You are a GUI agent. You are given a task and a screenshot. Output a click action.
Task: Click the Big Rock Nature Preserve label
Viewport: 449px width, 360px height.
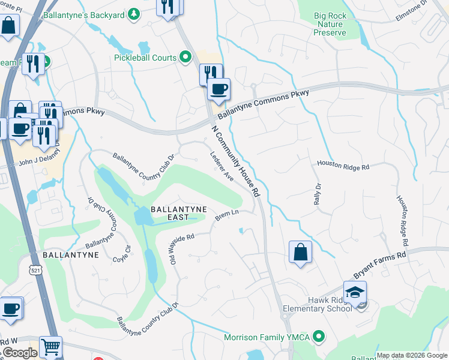tap(330, 24)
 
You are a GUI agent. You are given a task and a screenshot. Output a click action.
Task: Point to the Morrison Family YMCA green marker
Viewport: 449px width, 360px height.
tap(319, 337)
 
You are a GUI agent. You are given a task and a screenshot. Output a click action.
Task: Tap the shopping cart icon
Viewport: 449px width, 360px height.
tap(50, 347)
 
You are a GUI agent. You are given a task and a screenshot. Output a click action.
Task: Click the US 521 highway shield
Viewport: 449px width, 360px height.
tap(33, 271)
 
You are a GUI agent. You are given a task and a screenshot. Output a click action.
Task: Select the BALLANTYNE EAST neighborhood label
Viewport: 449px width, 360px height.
tap(178, 214)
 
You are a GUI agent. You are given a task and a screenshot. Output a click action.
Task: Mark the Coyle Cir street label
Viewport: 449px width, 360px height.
tap(122, 254)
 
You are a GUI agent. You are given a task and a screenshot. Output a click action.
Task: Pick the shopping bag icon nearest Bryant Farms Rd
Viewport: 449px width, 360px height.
tap(300, 252)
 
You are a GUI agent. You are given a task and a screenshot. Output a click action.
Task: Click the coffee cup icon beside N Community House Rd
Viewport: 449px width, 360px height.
tap(219, 89)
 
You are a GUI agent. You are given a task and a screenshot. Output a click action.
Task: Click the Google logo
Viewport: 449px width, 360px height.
tap(19, 353)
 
